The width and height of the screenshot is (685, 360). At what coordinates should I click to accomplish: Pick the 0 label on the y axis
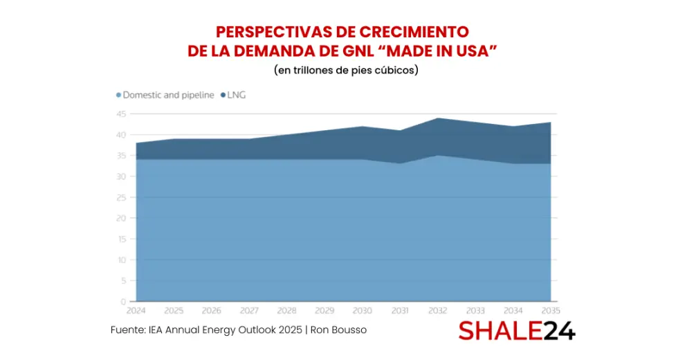coord(123,302)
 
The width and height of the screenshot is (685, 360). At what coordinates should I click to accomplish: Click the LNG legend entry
coord(237,95)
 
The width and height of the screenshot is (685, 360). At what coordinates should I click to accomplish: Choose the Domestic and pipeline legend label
coord(168,95)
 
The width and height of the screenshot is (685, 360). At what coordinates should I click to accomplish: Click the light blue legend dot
coord(118,95)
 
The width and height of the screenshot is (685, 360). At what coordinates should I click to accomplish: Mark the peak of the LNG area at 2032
coord(437,118)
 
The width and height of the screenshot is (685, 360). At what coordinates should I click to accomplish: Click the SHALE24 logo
coord(516,330)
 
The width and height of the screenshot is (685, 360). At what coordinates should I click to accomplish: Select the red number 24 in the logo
coord(557,330)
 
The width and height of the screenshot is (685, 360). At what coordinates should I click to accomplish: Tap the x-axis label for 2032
coord(437,311)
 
